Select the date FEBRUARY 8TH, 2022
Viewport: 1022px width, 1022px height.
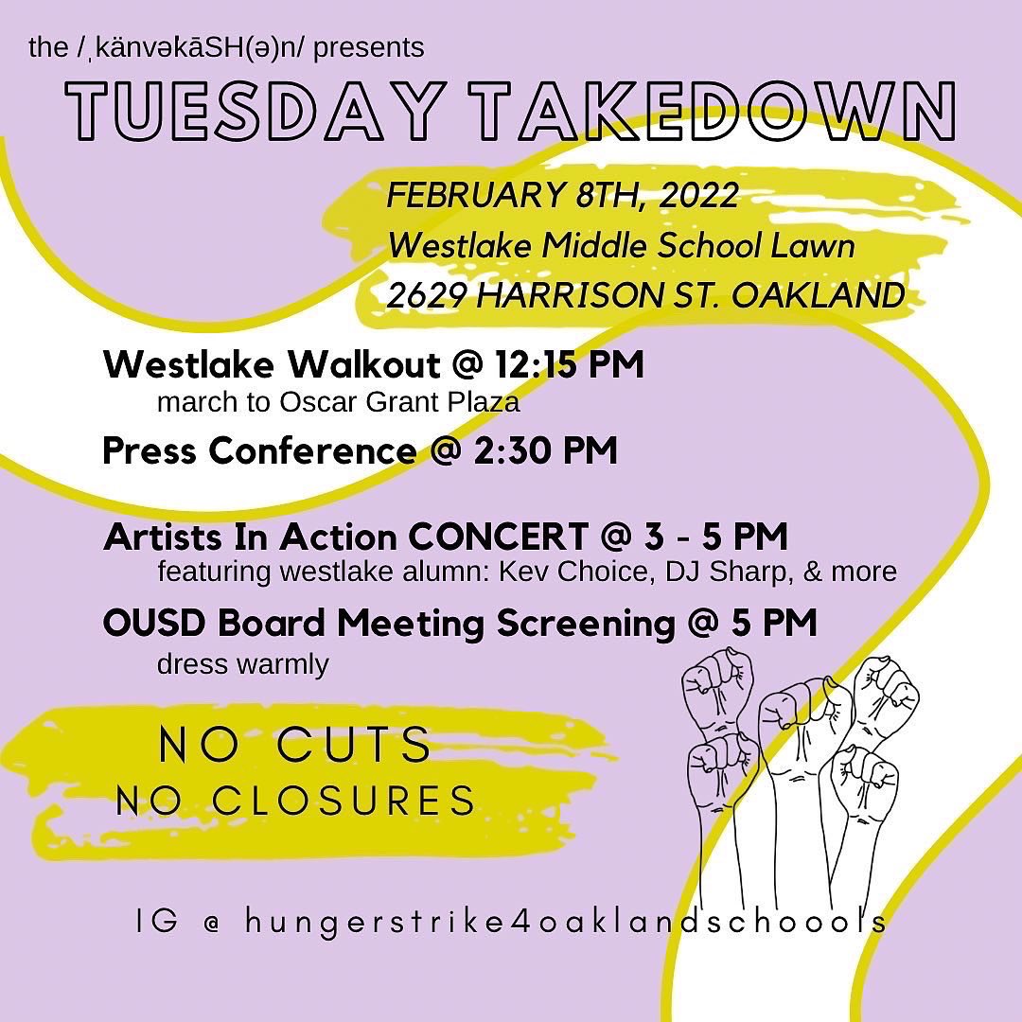563,196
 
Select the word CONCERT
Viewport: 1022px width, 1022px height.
498,537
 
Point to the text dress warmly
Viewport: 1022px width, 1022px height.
242,663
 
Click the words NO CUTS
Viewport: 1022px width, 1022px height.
295,745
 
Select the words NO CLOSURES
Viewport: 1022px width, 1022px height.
295,801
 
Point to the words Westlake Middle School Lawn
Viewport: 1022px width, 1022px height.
622,246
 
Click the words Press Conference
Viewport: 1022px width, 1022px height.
257,450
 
